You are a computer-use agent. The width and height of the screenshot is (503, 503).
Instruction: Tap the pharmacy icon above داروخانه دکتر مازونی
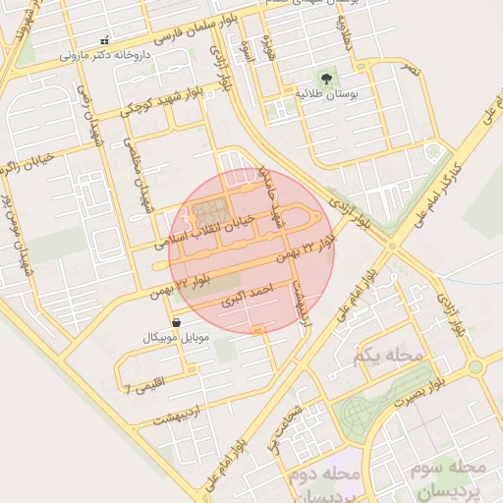tap(105, 40)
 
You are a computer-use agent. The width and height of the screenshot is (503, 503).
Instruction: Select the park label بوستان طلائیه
tap(324, 93)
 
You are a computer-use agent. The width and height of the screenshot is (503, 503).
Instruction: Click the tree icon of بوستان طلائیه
tap(324, 77)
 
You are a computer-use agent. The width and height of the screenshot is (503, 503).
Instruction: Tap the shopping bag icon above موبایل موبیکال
tap(176, 322)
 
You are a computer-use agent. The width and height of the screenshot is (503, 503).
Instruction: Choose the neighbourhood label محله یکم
tap(392, 354)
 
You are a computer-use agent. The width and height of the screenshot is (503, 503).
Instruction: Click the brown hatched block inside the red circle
tap(208, 212)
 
